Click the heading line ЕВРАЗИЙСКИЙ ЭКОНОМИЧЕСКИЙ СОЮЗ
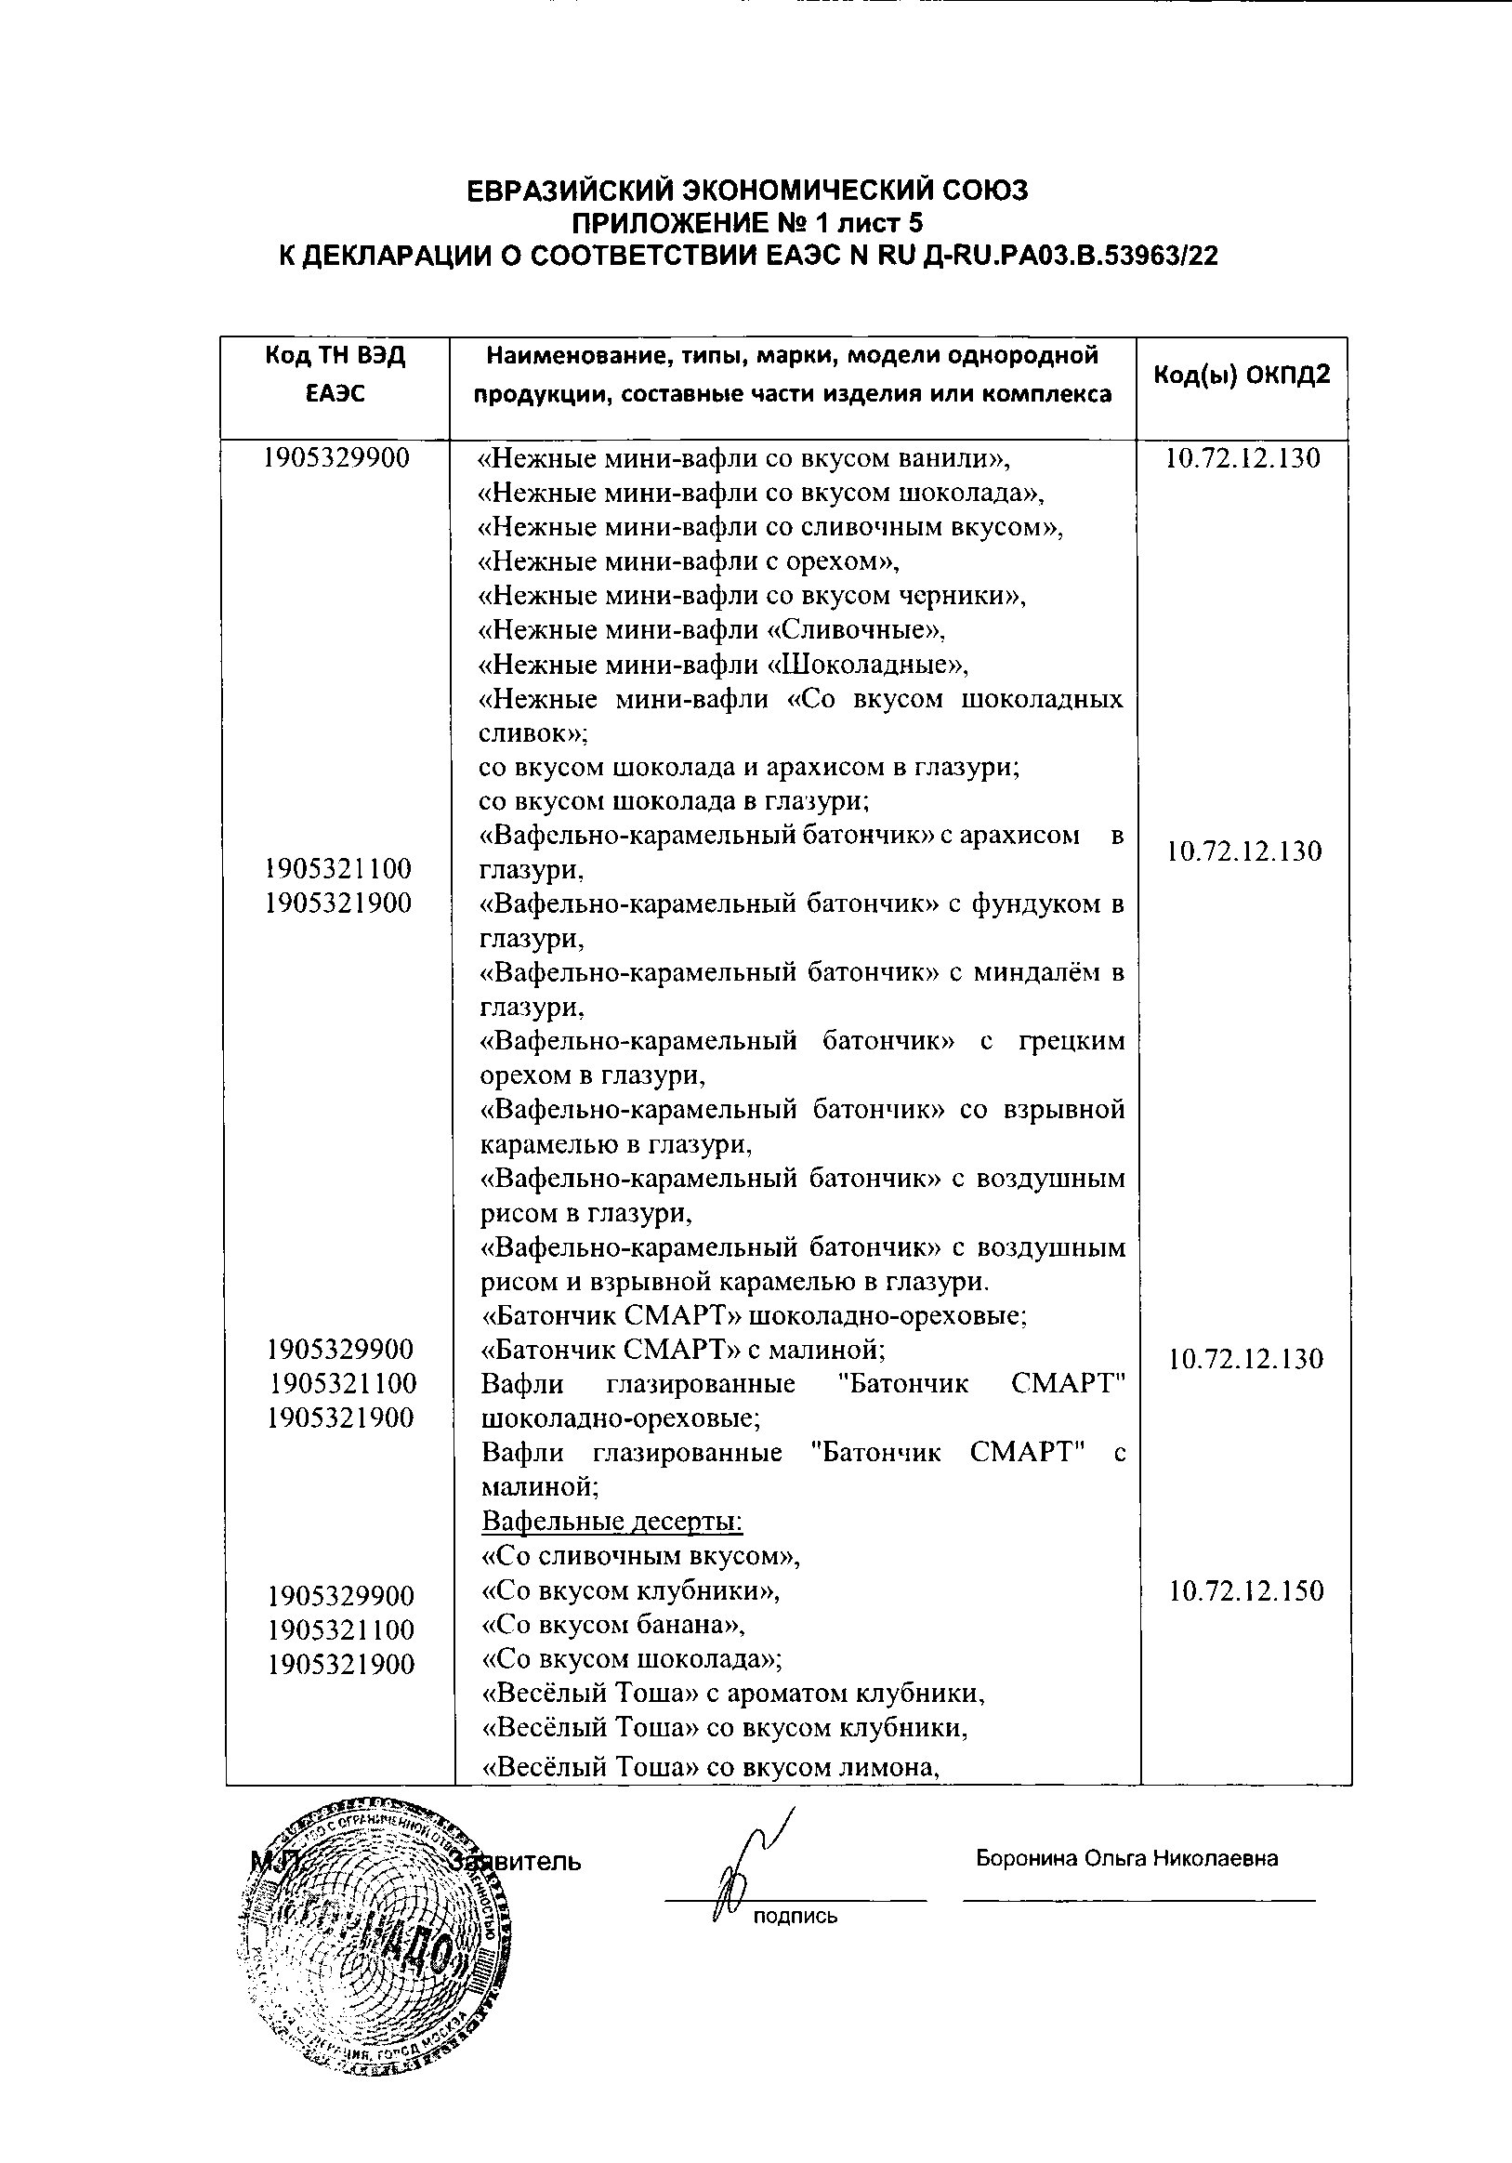(748, 191)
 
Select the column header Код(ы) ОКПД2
(1242, 375)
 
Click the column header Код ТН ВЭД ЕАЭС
(335, 375)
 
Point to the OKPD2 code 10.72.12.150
(1246, 1591)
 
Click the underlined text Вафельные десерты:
(612, 1522)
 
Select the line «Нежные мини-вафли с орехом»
(689, 561)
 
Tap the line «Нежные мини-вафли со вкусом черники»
(752, 596)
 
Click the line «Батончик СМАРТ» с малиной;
(683, 1350)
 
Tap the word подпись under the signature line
(795, 1916)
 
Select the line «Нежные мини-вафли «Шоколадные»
(724, 666)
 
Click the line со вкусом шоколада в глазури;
(674, 801)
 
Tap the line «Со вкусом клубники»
(631, 1590)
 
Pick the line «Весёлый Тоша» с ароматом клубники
(733, 1693)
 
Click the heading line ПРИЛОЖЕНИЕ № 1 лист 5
(748, 223)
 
